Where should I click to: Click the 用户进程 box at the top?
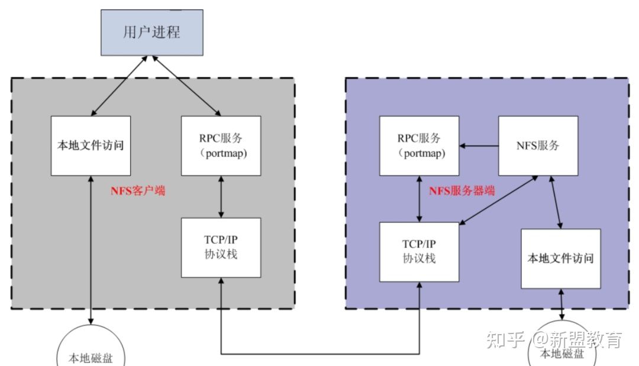(151, 32)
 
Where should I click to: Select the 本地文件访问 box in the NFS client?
(91, 145)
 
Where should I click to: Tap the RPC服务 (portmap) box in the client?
(221, 145)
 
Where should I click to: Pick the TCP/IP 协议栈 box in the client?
(221, 247)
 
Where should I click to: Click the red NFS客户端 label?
(138, 191)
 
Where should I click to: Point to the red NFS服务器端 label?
(461, 191)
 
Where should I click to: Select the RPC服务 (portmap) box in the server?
(419, 145)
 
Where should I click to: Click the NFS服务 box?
(538, 145)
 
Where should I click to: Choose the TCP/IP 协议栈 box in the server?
(419, 252)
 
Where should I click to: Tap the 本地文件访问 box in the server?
(560, 258)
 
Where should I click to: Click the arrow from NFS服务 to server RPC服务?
(479, 145)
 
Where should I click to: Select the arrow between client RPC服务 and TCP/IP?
(221, 196)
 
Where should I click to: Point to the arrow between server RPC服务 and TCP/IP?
(419, 199)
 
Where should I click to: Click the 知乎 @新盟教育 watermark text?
(554, 339)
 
